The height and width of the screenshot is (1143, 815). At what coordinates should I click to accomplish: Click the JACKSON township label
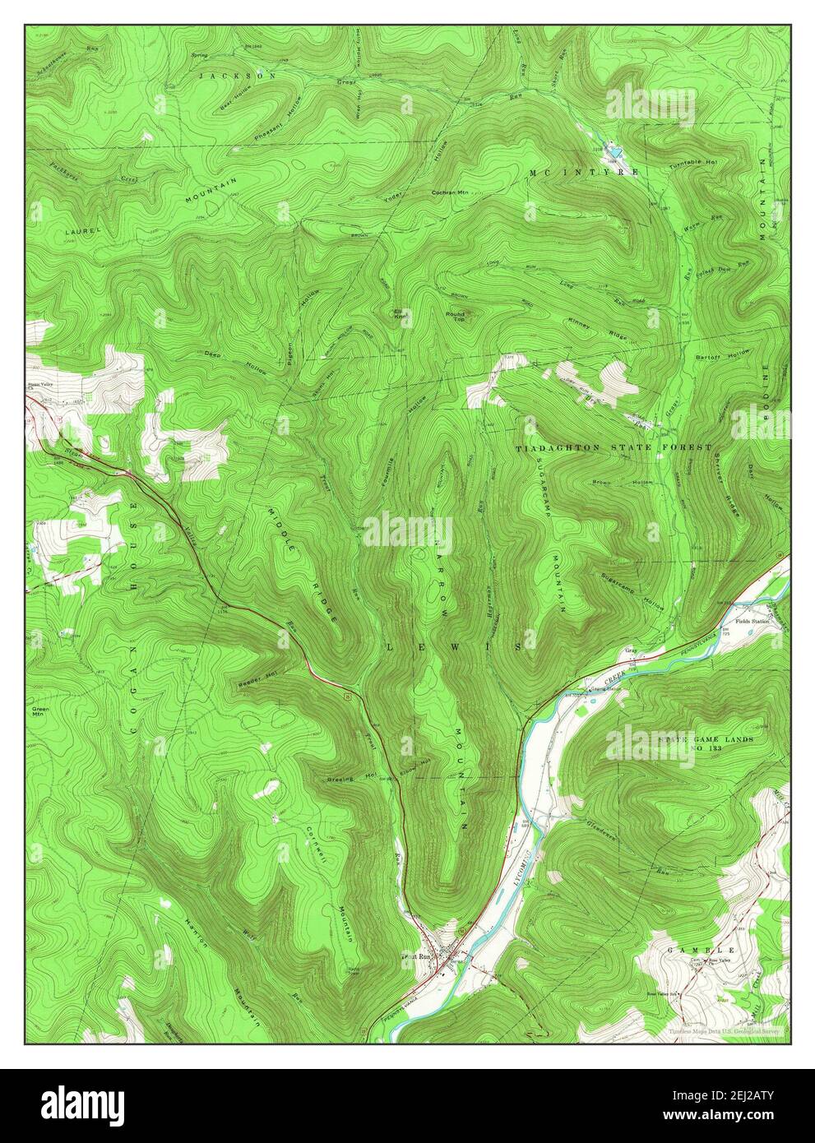pos(238,75)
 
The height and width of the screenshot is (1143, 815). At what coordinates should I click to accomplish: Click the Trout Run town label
pos(416,957)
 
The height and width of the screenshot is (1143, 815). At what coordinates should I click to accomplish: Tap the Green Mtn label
pos(41,712)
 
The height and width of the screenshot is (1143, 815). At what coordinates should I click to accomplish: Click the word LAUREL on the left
pos(84,233)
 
